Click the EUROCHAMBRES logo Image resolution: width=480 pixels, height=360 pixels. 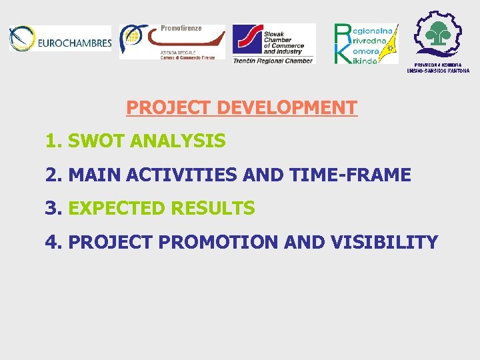(x=60, y=39)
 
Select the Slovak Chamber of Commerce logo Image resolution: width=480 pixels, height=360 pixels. (x=273, y=41)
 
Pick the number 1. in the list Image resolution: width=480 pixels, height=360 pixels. (x=54, y=141)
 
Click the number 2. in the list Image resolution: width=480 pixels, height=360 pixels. (x=54, y=175)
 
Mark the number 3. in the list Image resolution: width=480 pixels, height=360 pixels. (x=54, y=209)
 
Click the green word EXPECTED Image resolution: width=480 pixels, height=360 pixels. (x=117, y=209)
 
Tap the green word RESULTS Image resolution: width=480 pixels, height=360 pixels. (x=213, y=209)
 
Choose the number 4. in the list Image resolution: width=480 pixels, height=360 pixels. (x=54, y=242)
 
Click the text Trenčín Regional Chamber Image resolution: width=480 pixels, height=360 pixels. (x=273, y=61)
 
